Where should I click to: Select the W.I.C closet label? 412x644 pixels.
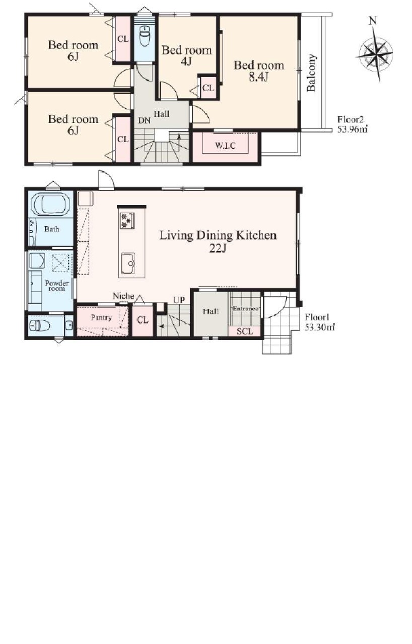click(x=225, y=146)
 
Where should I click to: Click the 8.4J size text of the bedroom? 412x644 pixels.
click(x=259, y=77)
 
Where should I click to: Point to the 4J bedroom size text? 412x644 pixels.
click(x=186, y=61)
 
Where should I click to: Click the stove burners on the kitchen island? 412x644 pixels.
click(x=127, y=220)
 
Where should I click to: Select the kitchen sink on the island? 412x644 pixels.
click(x=128, y=263)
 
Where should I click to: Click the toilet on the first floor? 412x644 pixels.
click(x=40, y=326)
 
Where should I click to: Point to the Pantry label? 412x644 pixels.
click(x=101, y=317)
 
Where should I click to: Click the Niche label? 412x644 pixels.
click(x=123, y=296)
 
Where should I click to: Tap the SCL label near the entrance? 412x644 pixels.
click(x=245, y=331)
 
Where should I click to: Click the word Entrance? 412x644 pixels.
click(x=245, y=309)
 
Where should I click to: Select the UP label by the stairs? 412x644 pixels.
click(x=179, y=300)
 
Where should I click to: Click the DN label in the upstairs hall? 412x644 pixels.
click(x=144, y=121)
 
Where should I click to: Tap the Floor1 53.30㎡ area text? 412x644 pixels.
click(x=320, y=323)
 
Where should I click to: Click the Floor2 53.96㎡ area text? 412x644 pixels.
click(x=352, y=124)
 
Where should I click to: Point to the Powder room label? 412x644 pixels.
click(x=57, y=286)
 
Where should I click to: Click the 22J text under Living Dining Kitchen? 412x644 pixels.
click(x=218, y=248)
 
